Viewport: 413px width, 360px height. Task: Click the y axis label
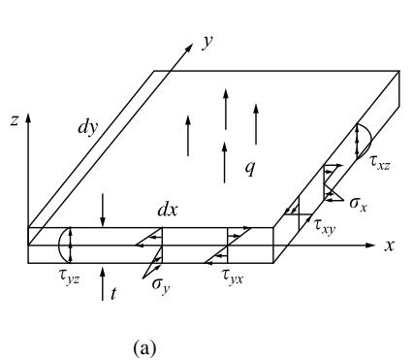(x=207, y=43)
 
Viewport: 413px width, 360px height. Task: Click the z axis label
(x=15, y=120)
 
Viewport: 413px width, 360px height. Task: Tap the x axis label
(x=390, y=245)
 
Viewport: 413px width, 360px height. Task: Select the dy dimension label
(x=87, y=127)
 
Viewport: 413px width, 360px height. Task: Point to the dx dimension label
(x=168, y=211)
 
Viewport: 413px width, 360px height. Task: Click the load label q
(x=250, y=168)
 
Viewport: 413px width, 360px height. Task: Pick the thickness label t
(x=113, y=294)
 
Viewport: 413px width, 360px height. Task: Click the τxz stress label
(x=379, y=163)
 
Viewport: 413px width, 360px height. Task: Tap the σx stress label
(x=359, y=205)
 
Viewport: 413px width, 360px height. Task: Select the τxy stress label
(x=325, y=226)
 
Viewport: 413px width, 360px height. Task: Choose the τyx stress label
(x=232, y=277)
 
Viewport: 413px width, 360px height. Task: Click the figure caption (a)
(x=144, y=348)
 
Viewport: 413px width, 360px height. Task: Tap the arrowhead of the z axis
(x=28, y=117)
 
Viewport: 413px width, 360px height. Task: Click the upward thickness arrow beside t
(x=103, y=283)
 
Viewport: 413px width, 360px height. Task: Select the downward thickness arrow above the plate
(x=103, y=210)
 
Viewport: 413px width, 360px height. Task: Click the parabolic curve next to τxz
(x=370, y=141)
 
